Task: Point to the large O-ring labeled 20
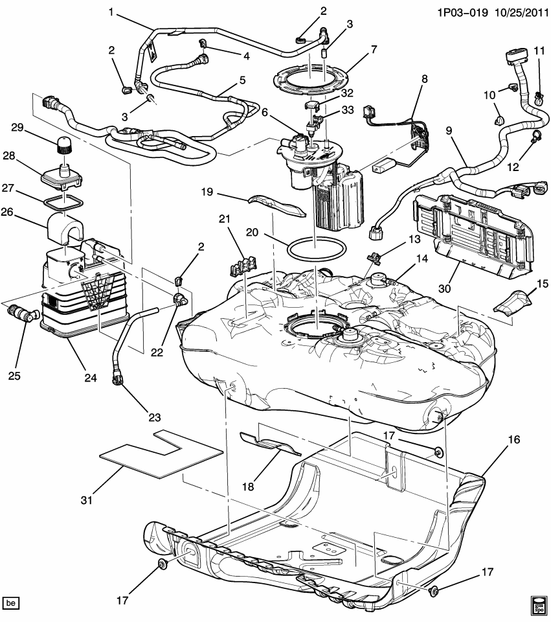(313, 247)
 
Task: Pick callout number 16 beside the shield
(513, 439)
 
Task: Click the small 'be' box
(12, 604)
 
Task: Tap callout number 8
(424, 80)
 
